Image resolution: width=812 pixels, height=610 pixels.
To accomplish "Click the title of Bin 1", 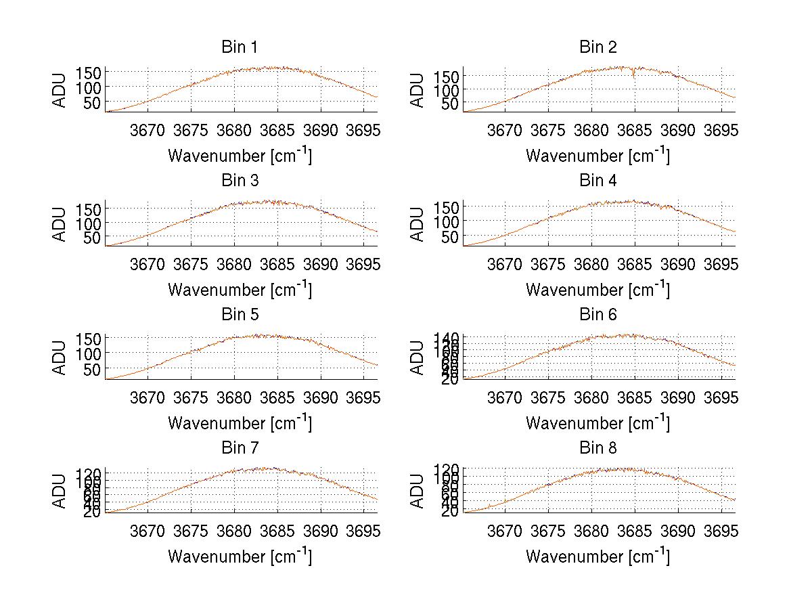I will [239, 47].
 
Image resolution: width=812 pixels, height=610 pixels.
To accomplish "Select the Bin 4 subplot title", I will [597, 181].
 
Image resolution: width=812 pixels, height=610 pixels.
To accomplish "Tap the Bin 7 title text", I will [239, 448].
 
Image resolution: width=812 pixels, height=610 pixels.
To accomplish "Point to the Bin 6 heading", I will [597, 315].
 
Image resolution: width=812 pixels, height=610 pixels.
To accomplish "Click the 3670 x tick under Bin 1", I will [147, 130].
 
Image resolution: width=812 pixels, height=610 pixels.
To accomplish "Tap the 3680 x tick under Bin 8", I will [591, 531].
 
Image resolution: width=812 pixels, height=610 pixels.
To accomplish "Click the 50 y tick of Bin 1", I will [93, 102].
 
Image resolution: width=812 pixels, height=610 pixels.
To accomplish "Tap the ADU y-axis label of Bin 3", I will [60, 224].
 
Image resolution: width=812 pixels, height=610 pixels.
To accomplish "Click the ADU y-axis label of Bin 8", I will [418, 492].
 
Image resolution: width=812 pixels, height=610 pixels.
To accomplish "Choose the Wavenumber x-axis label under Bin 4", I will [597, 289].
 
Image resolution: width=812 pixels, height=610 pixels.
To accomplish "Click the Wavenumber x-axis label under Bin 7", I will [240, 556].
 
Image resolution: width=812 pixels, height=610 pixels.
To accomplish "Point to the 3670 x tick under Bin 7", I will [147, 531].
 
